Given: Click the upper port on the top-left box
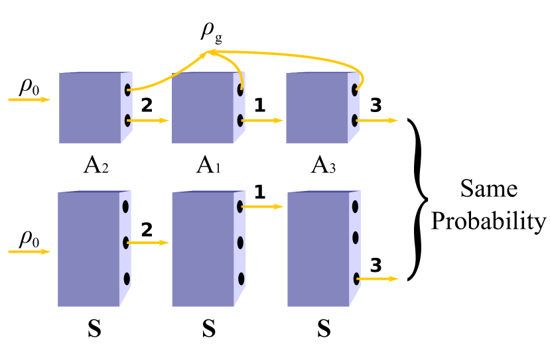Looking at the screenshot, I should tap(127, 90).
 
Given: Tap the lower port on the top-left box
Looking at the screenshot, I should tap(127, 120).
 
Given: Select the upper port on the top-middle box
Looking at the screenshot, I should tap(240, 90).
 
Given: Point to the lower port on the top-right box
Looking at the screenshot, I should tap(355, 120).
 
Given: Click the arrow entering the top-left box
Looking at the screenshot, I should tap(29, 99).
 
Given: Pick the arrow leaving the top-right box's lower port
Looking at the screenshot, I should tap(378, 121).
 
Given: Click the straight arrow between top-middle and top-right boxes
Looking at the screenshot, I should tap(263, 121).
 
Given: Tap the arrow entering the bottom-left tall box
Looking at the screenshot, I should tap(29, 252).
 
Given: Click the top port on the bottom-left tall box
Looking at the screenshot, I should tap(125, 207).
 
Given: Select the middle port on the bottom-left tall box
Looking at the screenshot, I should tap(125, 243).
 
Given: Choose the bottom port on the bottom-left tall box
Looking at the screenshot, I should tap(127, 278).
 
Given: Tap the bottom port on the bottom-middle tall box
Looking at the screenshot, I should tap(241, 278).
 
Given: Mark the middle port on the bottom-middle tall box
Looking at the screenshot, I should tap(240, 243).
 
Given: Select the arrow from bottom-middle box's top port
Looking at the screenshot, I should tap(263, 207).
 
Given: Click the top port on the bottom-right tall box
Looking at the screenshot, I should tap(355, 207).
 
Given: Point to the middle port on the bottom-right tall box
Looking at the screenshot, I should tap(356, 237).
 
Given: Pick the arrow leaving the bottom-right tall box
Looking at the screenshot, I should tap(378, 279).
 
